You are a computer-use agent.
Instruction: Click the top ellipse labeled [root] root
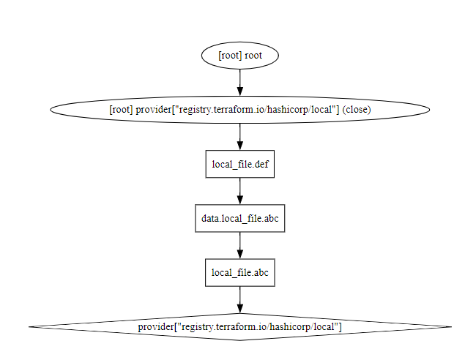239,56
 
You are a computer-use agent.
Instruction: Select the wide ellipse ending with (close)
239,110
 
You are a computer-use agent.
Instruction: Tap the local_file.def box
239,164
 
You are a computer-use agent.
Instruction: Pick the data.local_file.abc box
239,218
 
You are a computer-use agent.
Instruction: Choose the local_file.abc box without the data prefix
239,272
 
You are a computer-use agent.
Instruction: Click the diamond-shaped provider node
239,326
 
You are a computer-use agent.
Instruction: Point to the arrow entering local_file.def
239,137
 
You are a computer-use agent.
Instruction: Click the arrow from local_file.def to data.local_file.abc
239,191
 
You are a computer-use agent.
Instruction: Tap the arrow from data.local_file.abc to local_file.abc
239,245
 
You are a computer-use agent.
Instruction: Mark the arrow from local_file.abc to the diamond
239,299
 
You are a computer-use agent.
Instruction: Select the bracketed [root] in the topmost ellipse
230,56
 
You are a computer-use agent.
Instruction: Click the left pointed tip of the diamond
31,326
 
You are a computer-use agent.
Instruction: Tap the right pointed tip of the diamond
449,326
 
